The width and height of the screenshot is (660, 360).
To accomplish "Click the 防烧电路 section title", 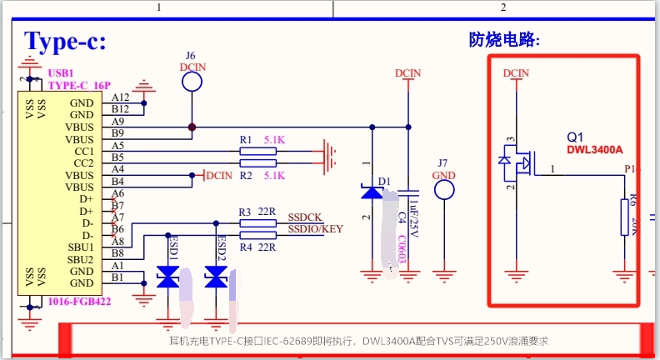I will [x=505, y=39].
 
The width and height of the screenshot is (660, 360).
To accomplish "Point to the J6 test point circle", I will [x=192, y=81].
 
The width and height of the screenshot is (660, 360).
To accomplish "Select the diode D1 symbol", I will [x=372, y=192].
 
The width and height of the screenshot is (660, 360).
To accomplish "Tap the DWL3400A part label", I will [x=594, y=150].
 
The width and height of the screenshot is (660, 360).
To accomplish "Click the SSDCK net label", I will [x=305, y=217].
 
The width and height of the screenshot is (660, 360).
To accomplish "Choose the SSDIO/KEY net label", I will [x=316, y=229].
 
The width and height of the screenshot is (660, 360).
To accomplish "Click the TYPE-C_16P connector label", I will [x=78, y=85].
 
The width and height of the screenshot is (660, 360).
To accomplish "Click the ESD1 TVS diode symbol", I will [x=168, y=279].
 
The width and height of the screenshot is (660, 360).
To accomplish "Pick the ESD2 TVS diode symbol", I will [x=216, y=279].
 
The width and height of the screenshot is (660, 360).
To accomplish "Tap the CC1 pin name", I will [x=85, y=151].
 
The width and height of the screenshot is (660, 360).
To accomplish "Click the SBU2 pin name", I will [x=82, y=259].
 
